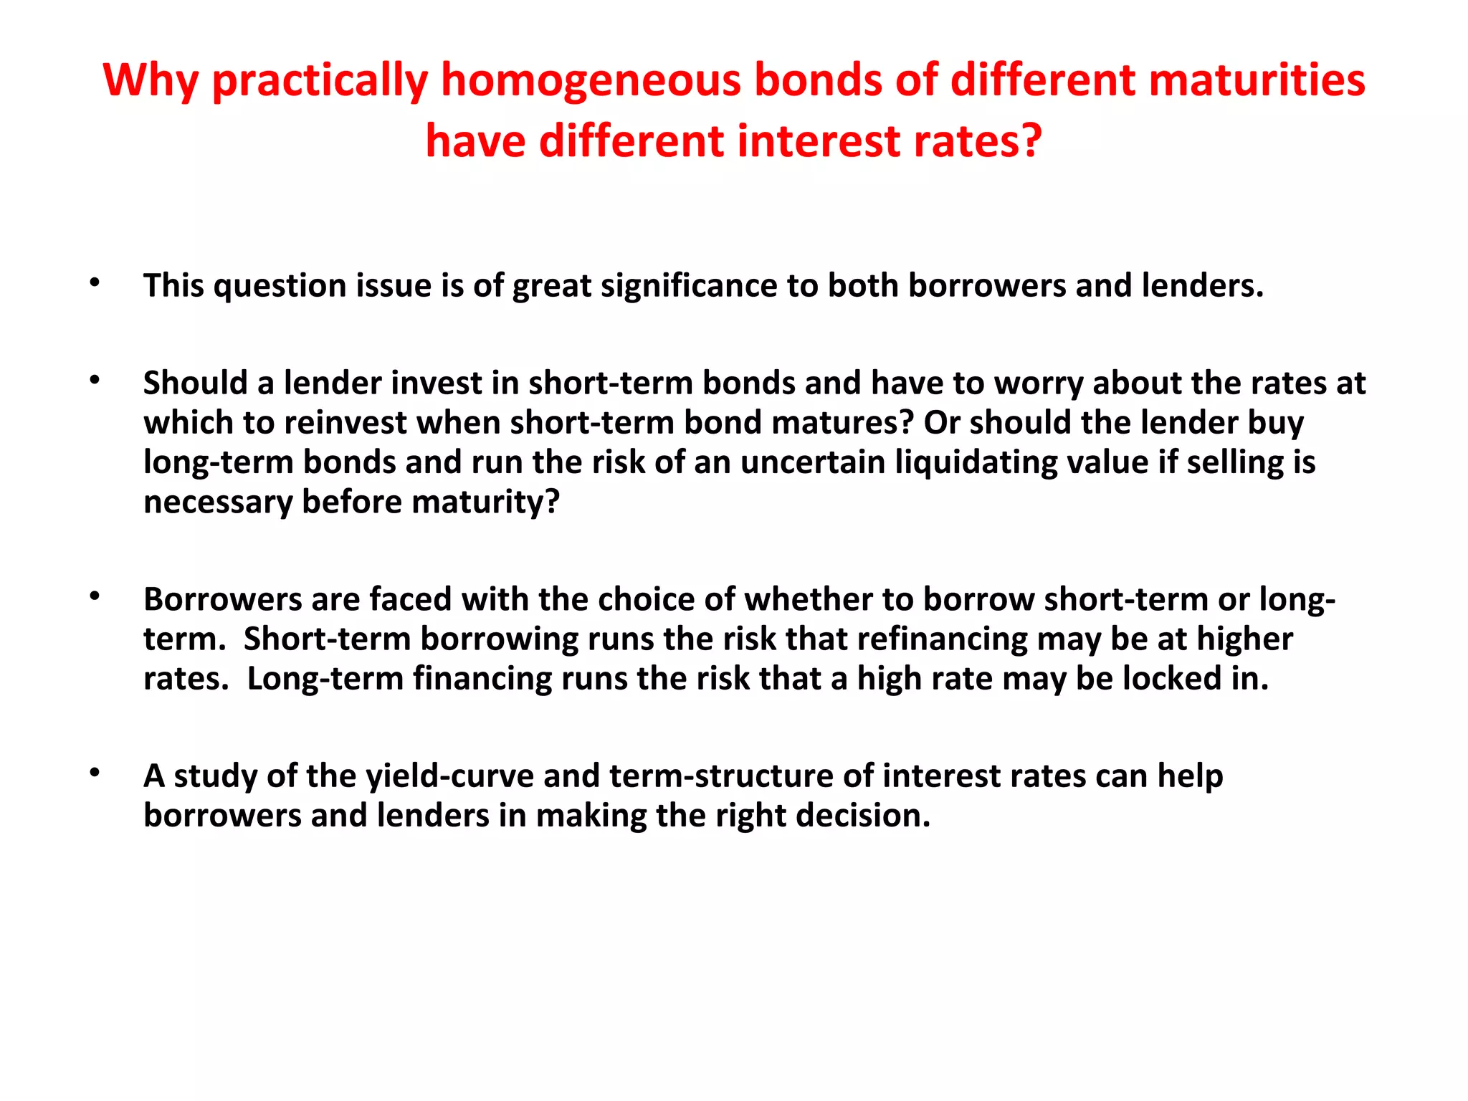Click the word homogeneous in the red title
591,80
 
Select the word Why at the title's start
150,80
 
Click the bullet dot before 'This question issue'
94,282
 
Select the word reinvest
345,423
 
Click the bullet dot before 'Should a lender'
94,380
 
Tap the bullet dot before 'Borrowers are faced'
94,596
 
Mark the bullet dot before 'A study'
94,773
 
